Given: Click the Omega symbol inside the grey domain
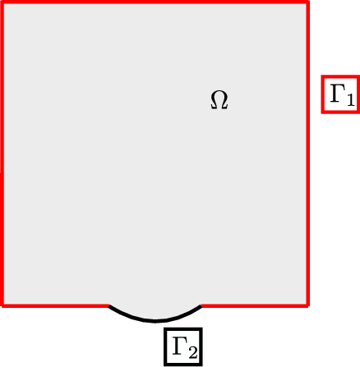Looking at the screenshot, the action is click(219, 100).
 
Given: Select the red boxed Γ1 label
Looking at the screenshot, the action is click(340, 94).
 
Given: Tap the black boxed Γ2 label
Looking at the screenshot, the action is click(183, 346).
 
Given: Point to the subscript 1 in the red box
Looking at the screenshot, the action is click(350, 100).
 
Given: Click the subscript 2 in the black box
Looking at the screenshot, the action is click(192, 353).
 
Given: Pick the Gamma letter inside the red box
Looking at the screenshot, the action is click(337, 94).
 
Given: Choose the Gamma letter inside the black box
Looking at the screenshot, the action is click(180, 346).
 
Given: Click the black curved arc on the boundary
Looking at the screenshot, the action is click(155, 321).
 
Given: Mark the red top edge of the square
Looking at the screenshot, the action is click(155, 2).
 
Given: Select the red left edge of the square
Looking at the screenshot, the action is click(2, 154).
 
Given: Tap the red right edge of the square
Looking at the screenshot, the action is click(308, 154).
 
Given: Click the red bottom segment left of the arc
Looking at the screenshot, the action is click(55, 305).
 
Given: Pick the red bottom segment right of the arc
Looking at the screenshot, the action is click(256, 305).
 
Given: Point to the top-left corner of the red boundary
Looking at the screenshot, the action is click(2, 2).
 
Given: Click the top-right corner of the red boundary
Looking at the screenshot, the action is click(308, 2).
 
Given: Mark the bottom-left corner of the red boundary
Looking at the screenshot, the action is click(2, 305).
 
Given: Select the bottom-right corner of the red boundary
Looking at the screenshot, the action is click(308, 305).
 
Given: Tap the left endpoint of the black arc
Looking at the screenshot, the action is click(109, 305).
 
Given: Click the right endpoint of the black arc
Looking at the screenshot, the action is click(201, 305).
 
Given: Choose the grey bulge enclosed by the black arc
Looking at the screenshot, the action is click(155, 312).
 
